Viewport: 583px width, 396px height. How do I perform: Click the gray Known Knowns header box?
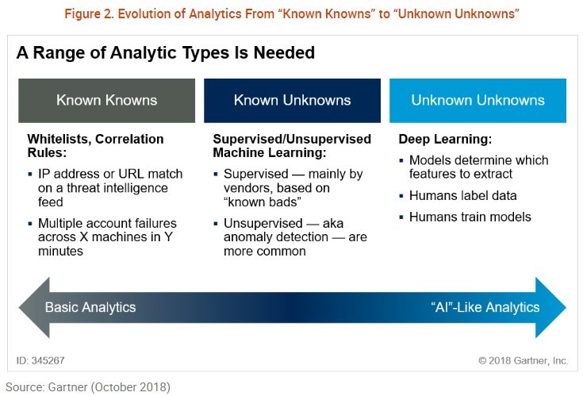click(x=107, y=101)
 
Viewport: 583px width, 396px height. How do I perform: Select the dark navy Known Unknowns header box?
click(x=292, y=101)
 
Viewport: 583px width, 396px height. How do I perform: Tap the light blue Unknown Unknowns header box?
click(x=478, y=101)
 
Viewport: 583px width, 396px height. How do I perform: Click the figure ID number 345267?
click(x=48, y=360)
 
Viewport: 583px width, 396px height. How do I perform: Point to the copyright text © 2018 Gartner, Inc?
click(x=523, y=360)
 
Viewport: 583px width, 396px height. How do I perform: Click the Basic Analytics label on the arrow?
click(x=90, y=307)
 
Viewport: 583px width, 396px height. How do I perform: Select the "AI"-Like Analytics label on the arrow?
click(x=485, y=307)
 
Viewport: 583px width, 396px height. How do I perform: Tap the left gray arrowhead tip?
click(x=19, y=307)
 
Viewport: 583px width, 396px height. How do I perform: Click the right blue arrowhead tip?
click(x=566, y=307)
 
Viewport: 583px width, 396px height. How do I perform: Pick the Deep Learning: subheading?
click(x=445, y=139)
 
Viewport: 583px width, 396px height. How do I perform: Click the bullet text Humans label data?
click(x=463, y=195)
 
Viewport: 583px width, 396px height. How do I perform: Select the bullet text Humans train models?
click(x=470, y=217)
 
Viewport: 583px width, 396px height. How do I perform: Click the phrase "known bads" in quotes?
click(x=263, y=202)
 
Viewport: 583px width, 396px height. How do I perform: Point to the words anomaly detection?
click(x=276, y=236)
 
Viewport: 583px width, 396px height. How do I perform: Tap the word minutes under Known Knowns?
click(x=60, y=251)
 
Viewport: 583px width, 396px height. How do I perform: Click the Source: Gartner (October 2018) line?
click(x=88, y=387)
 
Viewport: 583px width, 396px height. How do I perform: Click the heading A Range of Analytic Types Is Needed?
click(x=166, y=52)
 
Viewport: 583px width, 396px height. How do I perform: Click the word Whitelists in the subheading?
click(x=59, y=139)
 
